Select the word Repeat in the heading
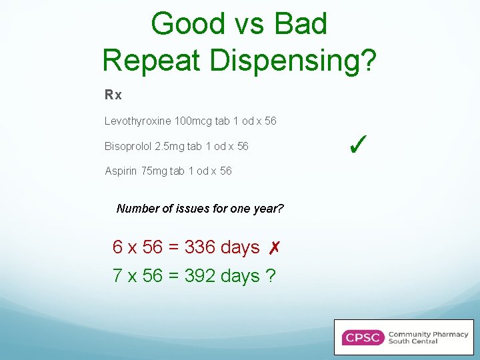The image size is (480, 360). [153, 60]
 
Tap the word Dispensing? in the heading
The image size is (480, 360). [293, 61]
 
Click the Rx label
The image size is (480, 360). [113, 95]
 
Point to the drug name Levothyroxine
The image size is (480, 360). [137, 121]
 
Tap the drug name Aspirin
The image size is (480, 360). [119, 171]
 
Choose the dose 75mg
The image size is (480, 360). [159, 171]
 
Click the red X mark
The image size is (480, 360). [273, 248]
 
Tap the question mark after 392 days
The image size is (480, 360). [270, 275]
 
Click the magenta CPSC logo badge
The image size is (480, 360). [363, 337]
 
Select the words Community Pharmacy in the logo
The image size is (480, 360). [428, 334]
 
